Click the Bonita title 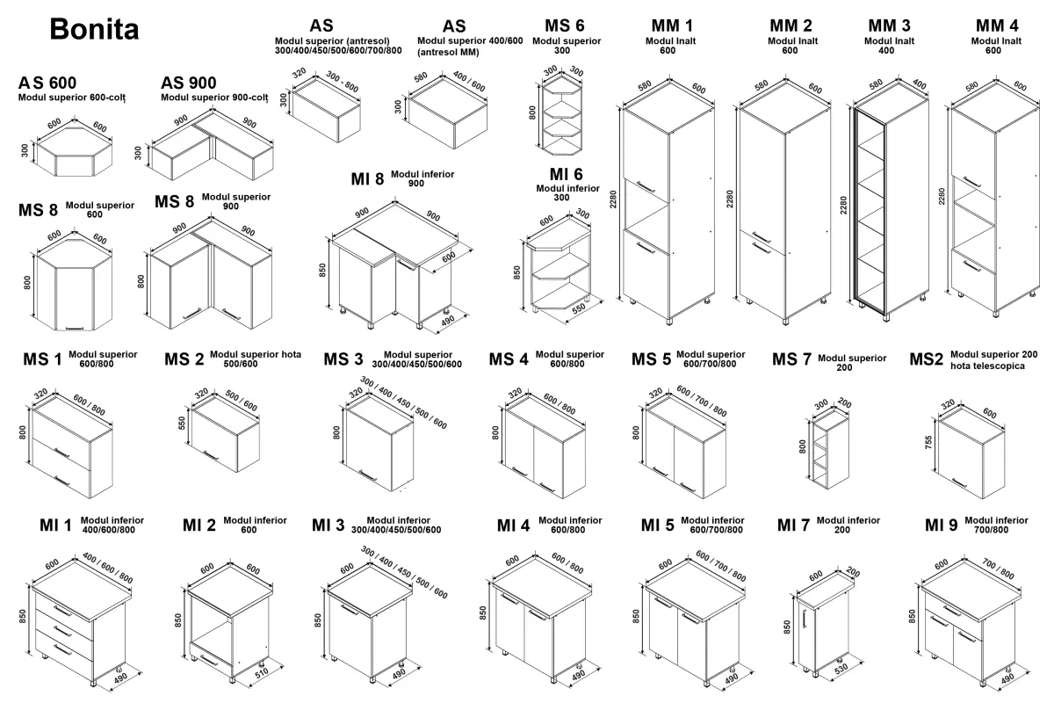coord(94,29)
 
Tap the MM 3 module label coord(889,25)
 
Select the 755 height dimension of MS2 coord(928,444)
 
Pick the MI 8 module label coord(367,179)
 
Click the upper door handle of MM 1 coord(646,186)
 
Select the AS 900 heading coord(189,83)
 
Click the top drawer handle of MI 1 coord(62,608)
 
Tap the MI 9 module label coord(941,525)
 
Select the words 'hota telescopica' coord(987,366)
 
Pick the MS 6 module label coord(564,25)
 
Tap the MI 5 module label coord(657,525)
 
